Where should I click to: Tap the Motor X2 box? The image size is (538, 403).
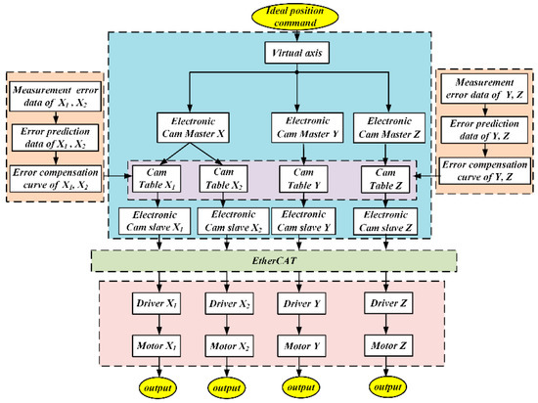point(224,345)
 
